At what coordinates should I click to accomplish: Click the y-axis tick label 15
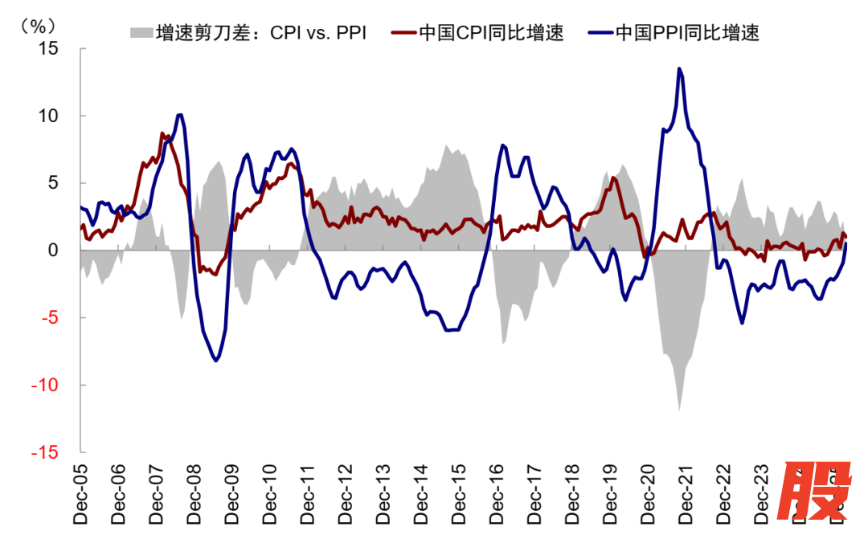(x=49, y=48)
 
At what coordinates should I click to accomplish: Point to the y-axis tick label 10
(x=49, y=116)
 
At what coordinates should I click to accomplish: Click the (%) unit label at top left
(x=37, y=23)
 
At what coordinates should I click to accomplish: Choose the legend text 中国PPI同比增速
(x=687, y=33)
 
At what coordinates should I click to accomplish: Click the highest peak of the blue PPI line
(x=679, y=69)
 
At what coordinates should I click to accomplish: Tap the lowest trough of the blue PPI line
(x=215, y=361)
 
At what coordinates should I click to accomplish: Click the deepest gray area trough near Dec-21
(x=679, y=410)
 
